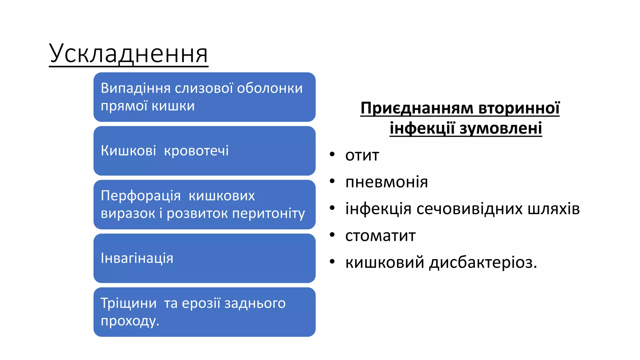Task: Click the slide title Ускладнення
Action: (x=128, y=54)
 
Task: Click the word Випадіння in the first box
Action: (x=136, y=88)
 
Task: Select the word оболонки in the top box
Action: (x=270, y=88)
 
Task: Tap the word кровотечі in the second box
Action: (x=196, y=151)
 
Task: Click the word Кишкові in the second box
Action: (x=128, y=151)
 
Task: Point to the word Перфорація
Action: (x=141, y=196)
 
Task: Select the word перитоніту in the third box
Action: (x=268, y=214)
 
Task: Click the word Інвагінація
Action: (x=137, y=258)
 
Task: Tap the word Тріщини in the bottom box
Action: (x=128, y=303)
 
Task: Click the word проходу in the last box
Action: (x=128, y=321)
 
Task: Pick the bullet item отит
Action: (x=362, y=155)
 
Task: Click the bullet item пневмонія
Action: (x=386, y=182)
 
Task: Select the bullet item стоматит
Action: (x=380, y=236)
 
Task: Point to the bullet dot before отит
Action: (x=332, y=154)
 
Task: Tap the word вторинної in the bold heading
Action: (x=519, y=108)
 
